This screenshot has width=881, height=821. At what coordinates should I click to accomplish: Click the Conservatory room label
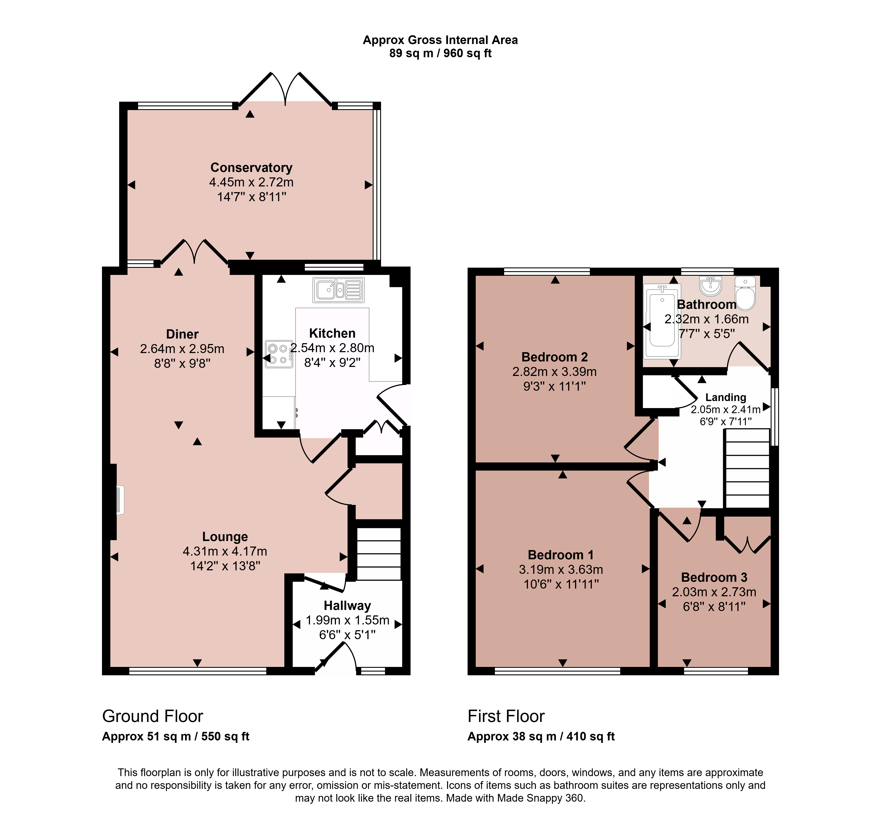point(251,168)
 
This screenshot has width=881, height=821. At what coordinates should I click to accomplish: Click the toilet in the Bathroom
point(745,293)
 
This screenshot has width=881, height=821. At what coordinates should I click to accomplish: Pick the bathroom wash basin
point(711,286)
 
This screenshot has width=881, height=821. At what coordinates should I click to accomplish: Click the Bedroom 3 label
point(714,577)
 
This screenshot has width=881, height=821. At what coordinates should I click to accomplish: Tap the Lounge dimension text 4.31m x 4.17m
point(225,551)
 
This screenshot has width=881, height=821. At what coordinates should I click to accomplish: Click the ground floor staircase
point(379,554)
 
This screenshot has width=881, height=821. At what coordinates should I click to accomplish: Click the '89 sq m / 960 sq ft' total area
point(440,53)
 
